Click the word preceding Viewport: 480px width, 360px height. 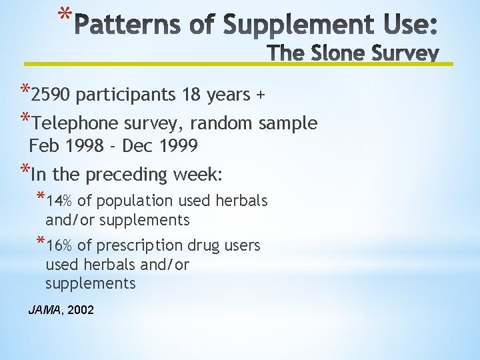click(128, 175)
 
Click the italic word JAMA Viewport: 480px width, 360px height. click(43, 310)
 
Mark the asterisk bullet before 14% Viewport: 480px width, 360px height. click(41, 198)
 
